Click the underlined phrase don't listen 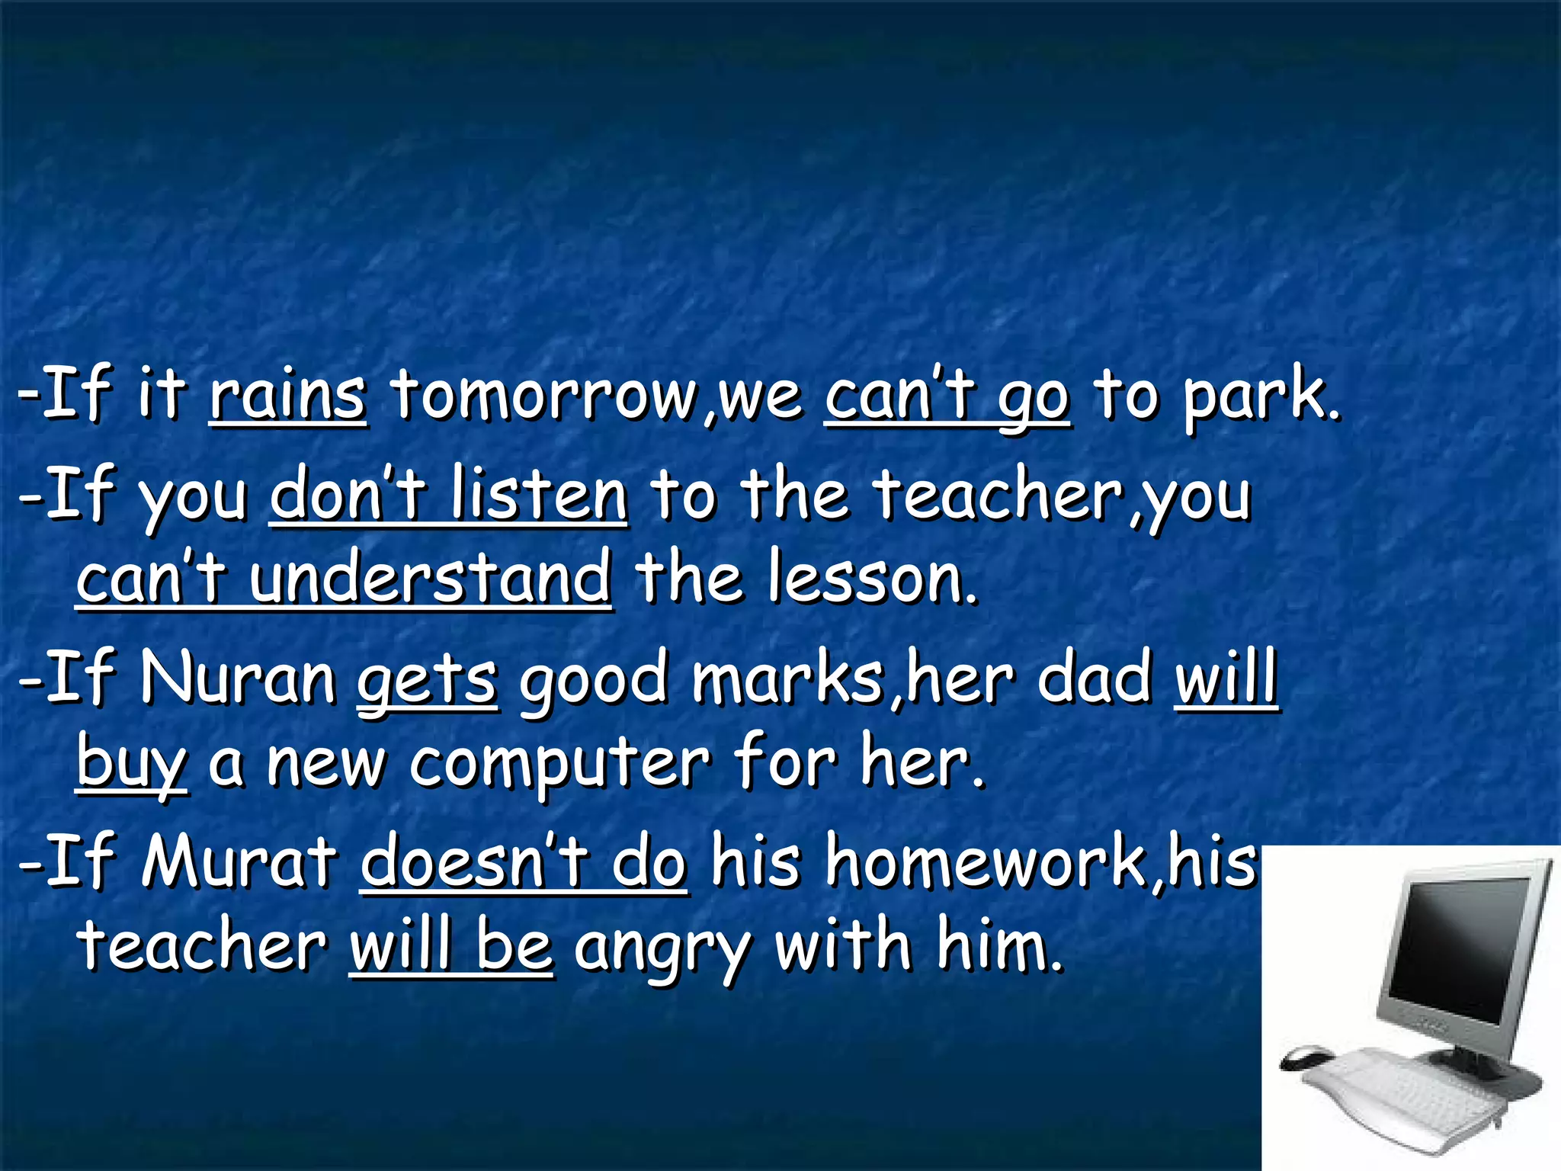449,496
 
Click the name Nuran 238,679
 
